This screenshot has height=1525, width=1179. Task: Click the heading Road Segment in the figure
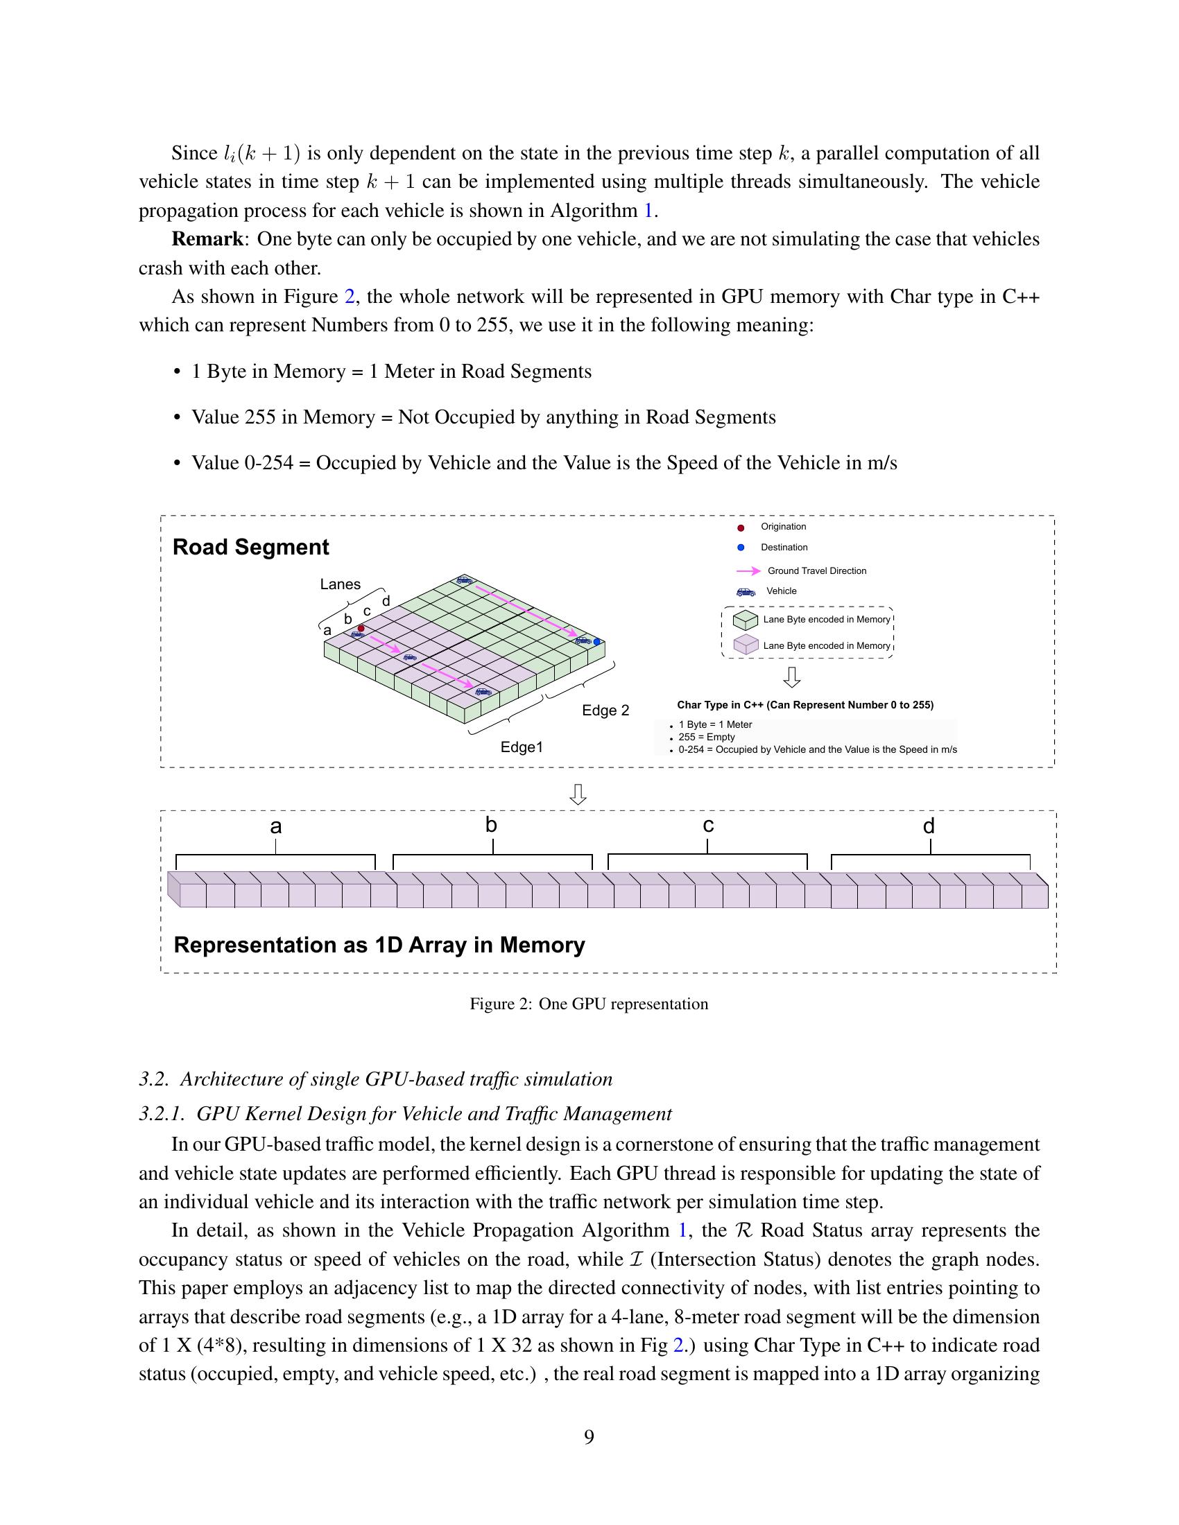(x=250, y=547)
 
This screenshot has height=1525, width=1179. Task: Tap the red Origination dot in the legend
(x=741, y=528)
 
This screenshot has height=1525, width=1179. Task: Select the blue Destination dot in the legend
(x=741, y=548)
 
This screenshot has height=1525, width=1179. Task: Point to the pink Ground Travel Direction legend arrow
(x=749, y=571)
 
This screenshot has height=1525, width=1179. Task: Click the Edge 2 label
(x=605, y=710)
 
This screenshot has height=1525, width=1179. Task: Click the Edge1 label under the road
(x=522, y=747)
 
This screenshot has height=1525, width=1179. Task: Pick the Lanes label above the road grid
(x=340, y=584)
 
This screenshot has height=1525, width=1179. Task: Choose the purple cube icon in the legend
(x=746, y=645)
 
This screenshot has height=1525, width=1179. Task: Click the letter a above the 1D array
(x=276, y=827)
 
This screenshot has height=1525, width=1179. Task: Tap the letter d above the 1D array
(x=928, y=827)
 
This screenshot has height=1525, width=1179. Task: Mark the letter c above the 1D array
(x=707, y=826)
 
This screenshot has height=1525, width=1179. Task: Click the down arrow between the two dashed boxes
(x=578, y=794)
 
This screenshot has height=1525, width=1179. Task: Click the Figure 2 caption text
(x=589, y=1004)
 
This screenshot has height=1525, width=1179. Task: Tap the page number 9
(x=589, y=1437)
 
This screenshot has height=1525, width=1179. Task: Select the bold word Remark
(x=207, y=240)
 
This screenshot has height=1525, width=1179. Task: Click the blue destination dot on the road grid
(x=596, y=641)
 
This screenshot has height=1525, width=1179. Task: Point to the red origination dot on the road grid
(x=361, y=629)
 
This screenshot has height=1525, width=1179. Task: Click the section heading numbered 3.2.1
(x=405, y=1113)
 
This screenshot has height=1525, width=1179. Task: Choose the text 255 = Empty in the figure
(x=706, y=737)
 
